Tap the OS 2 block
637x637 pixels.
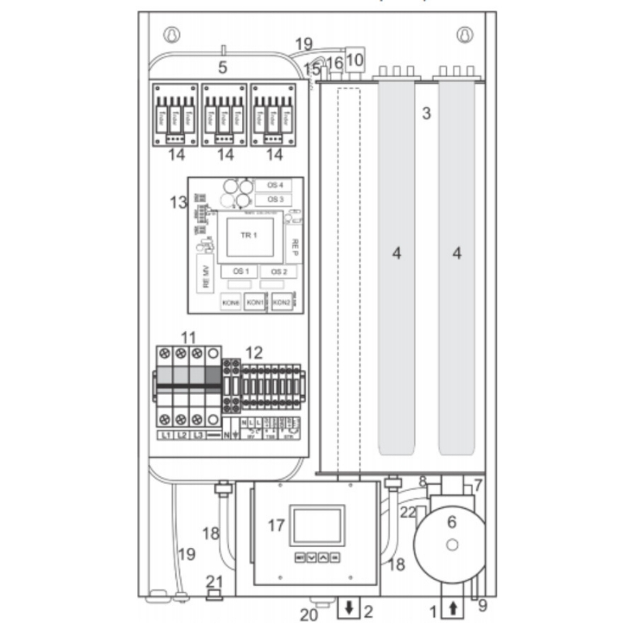coord(278,272)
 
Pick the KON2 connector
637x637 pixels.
coord(281,303)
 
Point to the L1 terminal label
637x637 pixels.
coord(166,436)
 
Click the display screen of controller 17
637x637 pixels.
coord(318,525)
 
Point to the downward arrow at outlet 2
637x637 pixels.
coord(350,612)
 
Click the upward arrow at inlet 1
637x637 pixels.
coord(453,610)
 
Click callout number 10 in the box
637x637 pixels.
coord(354,58)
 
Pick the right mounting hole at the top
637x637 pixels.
coord(465,36)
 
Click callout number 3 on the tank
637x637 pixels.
coord(427,112)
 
